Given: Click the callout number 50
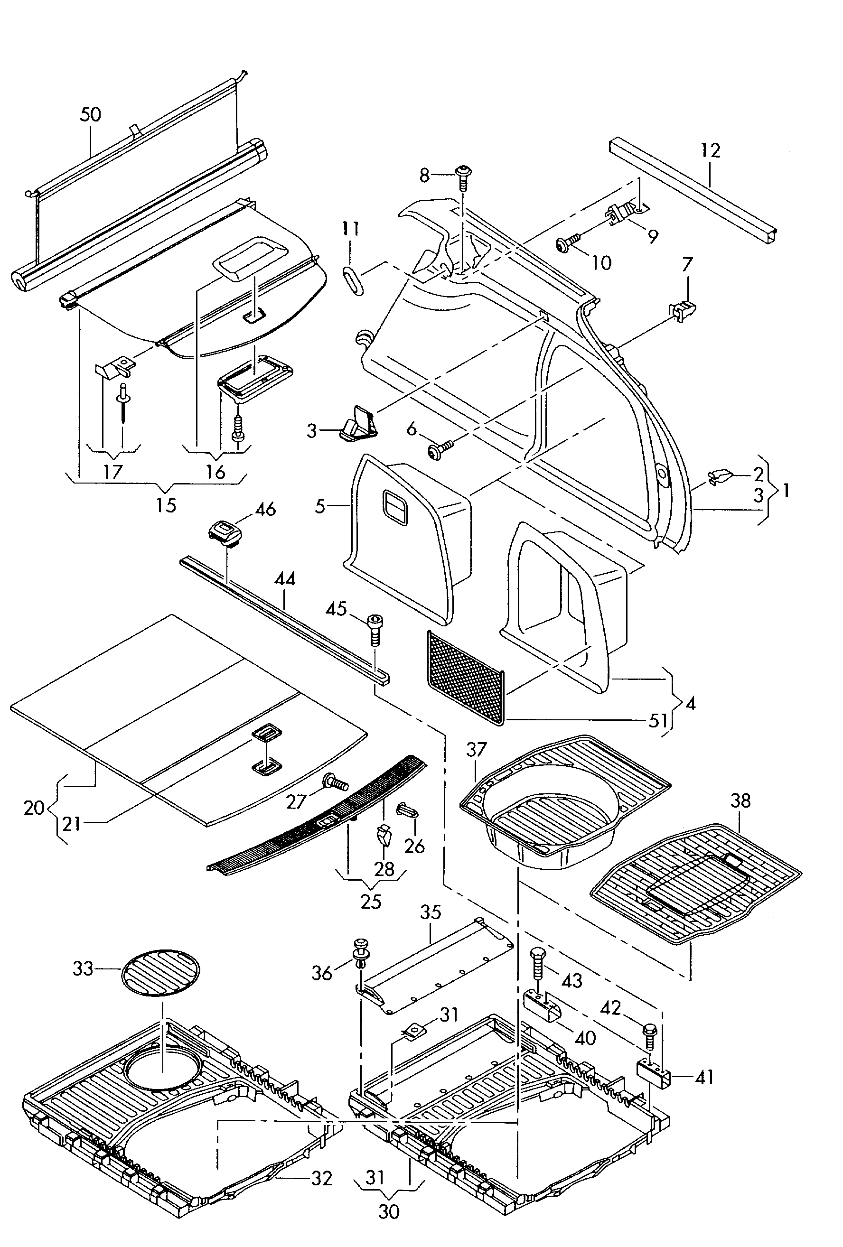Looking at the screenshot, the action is [x=90, y=114].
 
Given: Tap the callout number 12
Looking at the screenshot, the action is [x=710, y=150].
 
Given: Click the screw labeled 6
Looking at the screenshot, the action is [x=440, y=449].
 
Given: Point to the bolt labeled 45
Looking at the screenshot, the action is [x=375, y=631].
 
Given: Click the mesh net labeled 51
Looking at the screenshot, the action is [x=466, y=677].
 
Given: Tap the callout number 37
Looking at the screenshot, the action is [x=476, y=750].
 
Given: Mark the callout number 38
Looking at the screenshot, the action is [x=740, y=800].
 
